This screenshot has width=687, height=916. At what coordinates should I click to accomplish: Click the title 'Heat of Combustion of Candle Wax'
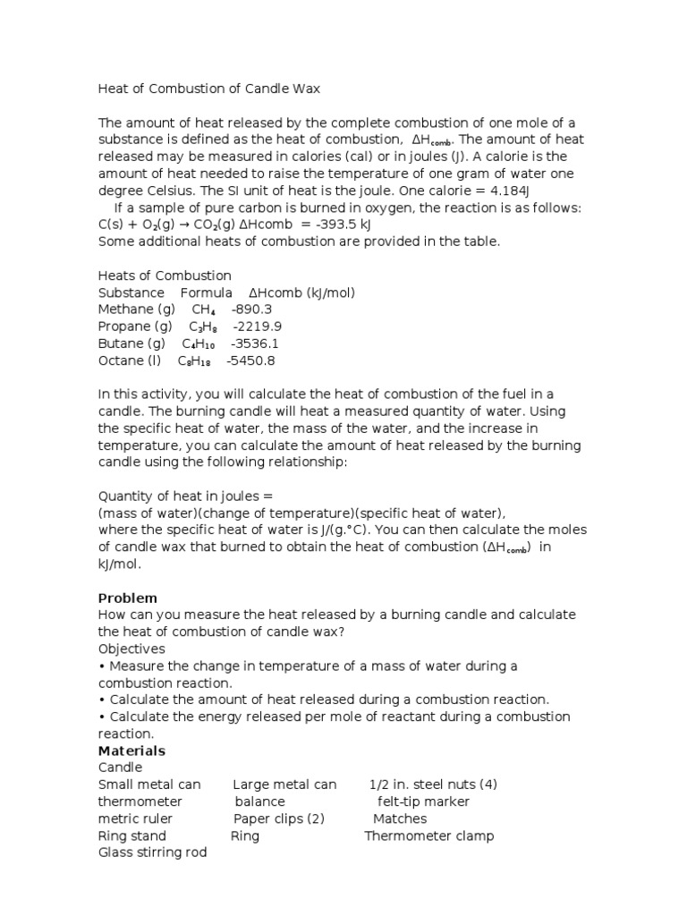click(208, 89)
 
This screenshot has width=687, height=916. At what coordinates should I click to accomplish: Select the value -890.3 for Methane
click(251, 310)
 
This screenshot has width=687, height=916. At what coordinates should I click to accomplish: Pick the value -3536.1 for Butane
click(255, 343)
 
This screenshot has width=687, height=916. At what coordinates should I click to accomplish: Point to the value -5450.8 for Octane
click(250, 360)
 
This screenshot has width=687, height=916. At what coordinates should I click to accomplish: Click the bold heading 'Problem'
click(127, 598)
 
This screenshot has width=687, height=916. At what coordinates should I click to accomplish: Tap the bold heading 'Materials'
click(131, 751)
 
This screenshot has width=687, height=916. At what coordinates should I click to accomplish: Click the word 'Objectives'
click(131, 649)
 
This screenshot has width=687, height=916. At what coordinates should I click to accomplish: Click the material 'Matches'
click(400, 818)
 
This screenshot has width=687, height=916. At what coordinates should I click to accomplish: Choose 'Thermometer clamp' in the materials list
click(428, 835)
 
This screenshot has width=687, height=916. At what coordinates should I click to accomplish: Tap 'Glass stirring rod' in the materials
click(152, 852)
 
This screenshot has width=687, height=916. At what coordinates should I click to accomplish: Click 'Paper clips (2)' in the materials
click(279, 818)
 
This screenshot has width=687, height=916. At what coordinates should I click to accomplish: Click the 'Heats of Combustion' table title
click(165, 276)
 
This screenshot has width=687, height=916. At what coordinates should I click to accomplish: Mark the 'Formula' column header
click(207, 293)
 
